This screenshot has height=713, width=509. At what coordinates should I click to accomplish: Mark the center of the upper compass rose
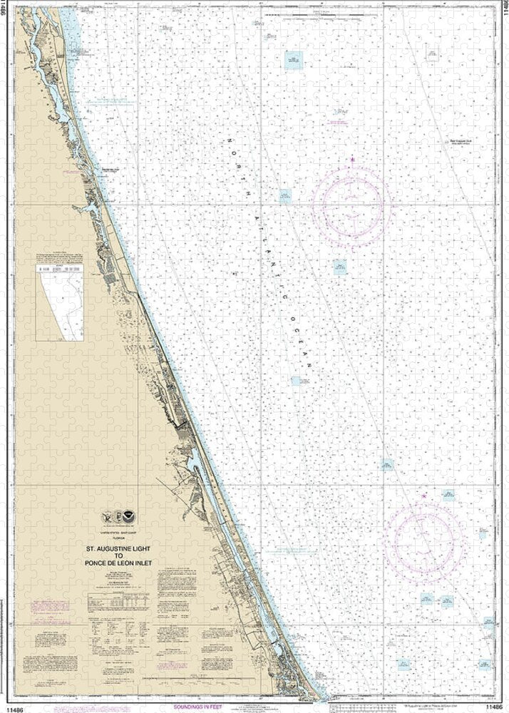point(351,206)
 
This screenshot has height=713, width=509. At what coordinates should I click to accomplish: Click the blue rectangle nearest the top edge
point(292,60)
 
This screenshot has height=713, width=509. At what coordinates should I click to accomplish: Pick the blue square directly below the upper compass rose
point(340,267)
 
